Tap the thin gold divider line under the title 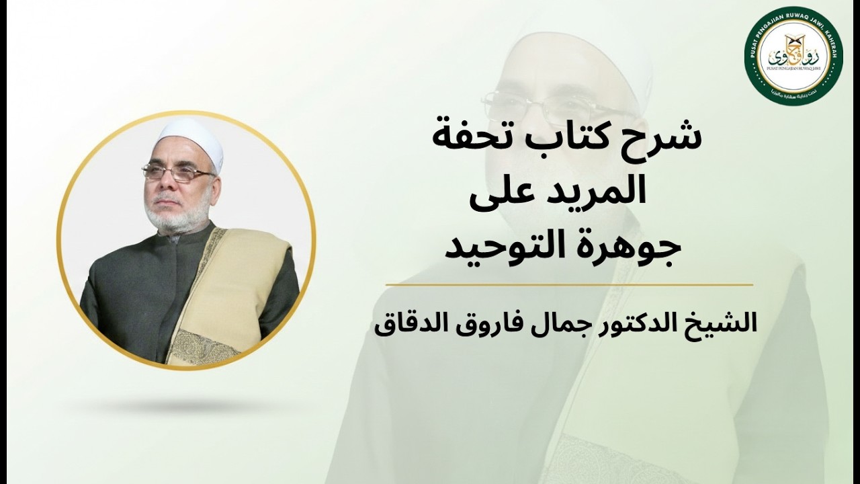569,285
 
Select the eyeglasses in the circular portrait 179,173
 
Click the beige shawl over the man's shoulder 232,282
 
